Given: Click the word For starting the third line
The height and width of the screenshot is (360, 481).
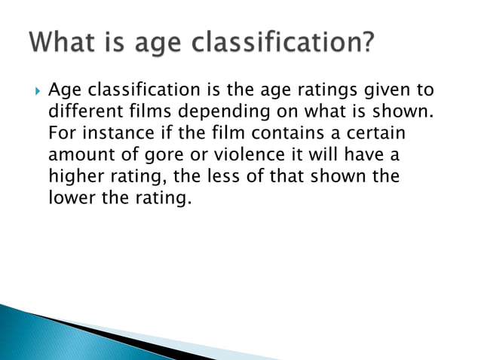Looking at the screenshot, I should click(x=61, y=134).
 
